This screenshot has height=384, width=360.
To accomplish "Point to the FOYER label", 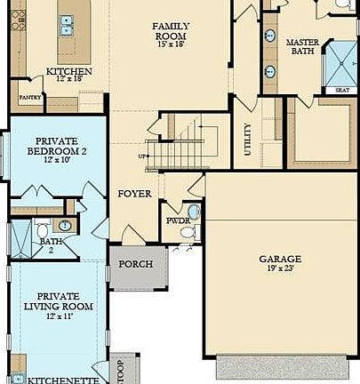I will [134, 193].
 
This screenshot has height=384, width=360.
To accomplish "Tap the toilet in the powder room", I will [188, 232].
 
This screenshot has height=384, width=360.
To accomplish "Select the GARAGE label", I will [280, 259].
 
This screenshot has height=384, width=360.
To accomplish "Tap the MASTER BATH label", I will [302, 48].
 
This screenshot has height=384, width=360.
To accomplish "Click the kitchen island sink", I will [68, 28].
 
